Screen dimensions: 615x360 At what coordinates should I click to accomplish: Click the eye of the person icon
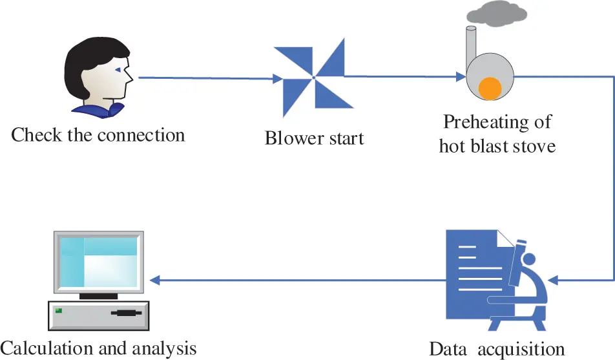coord(118,70)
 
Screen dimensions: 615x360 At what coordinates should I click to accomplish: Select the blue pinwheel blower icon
coord(313,78)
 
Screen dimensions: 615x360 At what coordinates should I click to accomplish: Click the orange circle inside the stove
coord(490,89)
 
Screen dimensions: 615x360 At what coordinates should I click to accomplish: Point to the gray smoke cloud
coord(497,14)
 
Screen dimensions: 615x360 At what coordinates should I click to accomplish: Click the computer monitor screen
coord(98,262)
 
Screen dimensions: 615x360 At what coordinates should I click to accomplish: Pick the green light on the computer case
coord(58,311)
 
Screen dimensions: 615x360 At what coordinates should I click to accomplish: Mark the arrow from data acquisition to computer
coord(298,281)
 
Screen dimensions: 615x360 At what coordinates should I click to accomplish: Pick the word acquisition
coord(521,350)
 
